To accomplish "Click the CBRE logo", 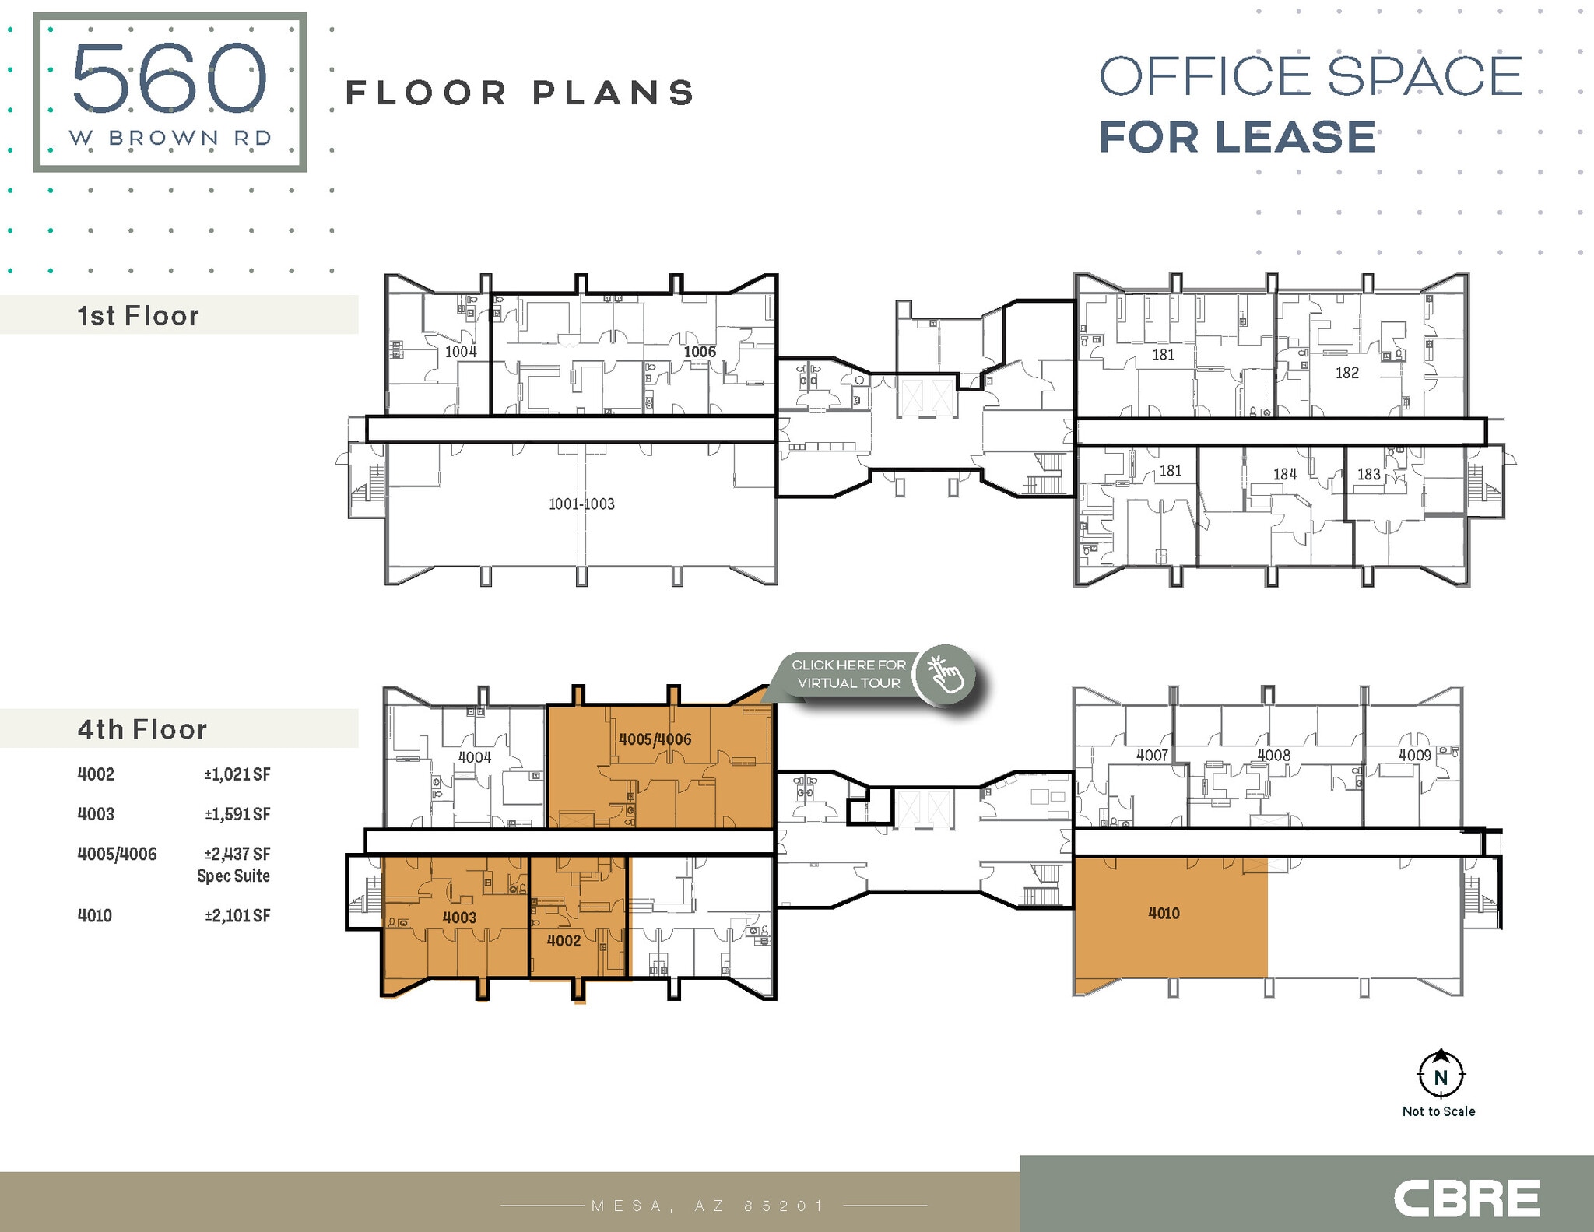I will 1466,1199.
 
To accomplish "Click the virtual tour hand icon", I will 944,674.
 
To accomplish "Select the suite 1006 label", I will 700,352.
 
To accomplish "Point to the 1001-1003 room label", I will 581,504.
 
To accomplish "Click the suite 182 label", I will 1347,373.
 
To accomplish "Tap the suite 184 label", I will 1285,474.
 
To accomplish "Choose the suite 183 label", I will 1368,474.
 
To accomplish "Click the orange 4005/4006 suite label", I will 655,739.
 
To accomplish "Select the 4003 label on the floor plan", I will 459,918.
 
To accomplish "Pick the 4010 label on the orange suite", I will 1164,914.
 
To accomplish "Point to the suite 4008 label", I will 1274,755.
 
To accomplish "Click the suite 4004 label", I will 474,757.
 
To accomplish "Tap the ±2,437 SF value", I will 237,854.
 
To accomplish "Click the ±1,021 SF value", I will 237,774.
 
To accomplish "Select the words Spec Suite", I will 233,876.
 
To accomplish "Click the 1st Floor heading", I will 139,316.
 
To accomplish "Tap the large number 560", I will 170,79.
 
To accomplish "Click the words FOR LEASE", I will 1237,137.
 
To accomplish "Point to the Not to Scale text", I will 1438,1111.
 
